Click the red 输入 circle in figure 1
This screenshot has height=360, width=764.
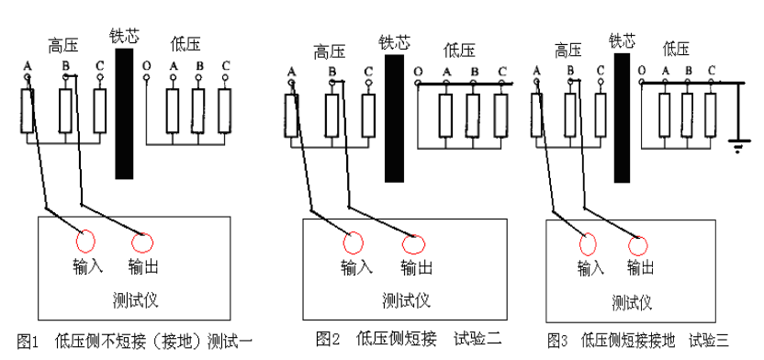click(x=84, y=241)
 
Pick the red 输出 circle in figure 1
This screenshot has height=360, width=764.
click(x=142, y=242)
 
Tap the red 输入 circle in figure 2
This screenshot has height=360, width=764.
click(x=354, y=242)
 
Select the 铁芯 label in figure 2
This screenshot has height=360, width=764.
click(x=394, y=42)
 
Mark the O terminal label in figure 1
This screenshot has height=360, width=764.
click(x=147, y=67)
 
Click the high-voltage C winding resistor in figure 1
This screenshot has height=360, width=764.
click(x=100, y=110)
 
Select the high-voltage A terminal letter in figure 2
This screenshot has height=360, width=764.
click(x=292, y=71)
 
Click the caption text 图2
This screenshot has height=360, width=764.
click(x=328, y=339)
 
